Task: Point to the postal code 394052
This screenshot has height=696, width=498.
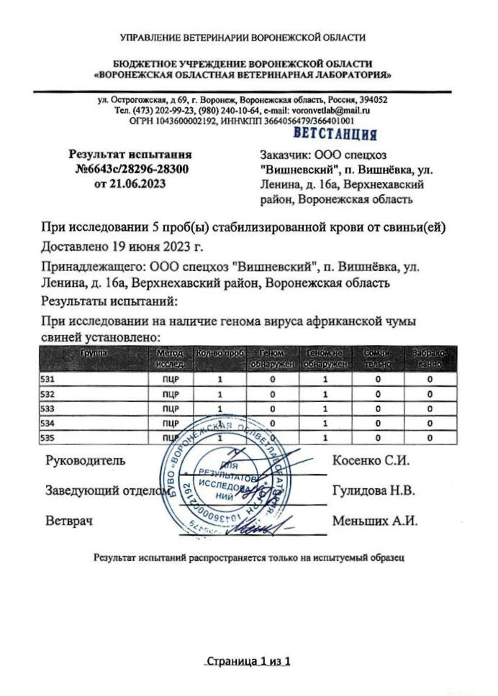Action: (x=373, y=100)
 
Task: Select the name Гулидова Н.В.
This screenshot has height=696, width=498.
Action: (x=373, y=491)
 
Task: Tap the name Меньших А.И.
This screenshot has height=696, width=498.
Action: (x=374, y=521)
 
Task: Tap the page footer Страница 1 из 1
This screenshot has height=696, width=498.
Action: (x=248, y=661)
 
